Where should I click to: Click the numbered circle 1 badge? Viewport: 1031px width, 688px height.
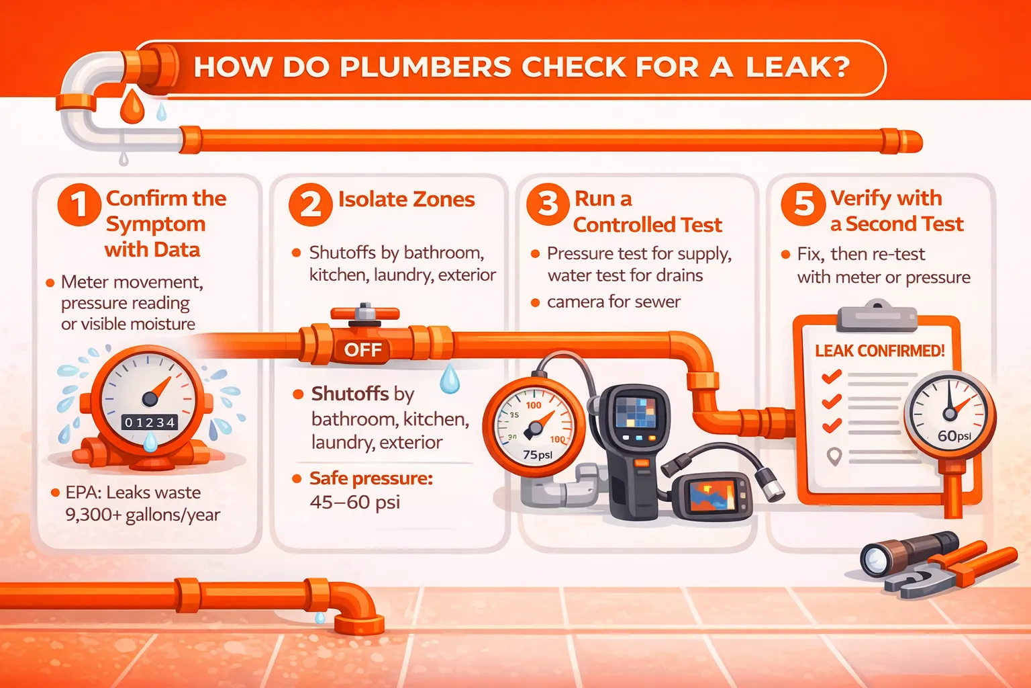coord(79,205)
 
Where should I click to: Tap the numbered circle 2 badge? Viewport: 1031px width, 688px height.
coord(311,205)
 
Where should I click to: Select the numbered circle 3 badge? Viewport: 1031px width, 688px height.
coord(548,204)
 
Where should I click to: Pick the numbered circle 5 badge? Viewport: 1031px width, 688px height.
coord(803,204)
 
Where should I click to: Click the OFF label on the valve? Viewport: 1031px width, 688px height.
coord(363,350)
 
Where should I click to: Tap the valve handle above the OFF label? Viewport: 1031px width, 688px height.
coord(365,313)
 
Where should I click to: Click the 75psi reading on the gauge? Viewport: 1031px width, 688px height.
coord(538,455)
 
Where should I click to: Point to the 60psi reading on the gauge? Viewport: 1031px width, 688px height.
coord(954,435)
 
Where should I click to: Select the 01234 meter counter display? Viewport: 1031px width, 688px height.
coord(150,423)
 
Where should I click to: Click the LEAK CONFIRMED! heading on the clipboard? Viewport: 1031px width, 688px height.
coord(879,351)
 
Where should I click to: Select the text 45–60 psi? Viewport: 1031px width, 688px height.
coord(355,502)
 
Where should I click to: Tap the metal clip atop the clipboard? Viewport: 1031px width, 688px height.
coord(877,316)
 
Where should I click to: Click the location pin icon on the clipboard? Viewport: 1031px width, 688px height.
coord(834,456)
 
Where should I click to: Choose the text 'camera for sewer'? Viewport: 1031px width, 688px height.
coord(613,302)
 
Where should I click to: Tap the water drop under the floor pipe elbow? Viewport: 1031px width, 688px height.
coord(320,617)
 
